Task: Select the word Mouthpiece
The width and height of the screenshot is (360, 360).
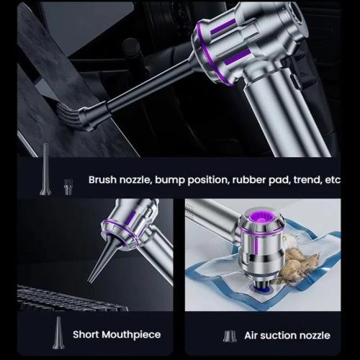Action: pos(131,335)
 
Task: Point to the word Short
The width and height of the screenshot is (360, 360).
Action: pos(86,334)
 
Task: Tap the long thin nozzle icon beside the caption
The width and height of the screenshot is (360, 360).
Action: pos(45,169)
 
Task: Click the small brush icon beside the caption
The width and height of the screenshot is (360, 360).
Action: pos(68,187)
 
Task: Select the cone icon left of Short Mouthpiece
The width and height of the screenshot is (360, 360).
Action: pos(58,333)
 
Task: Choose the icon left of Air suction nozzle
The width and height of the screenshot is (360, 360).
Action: pos(230,336)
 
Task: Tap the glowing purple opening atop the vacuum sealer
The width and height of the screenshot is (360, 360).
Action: pos(261,218)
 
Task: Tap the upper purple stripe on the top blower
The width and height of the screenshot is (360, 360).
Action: pos(223,27)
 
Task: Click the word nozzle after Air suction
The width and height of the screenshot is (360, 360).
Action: pos(315,336)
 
